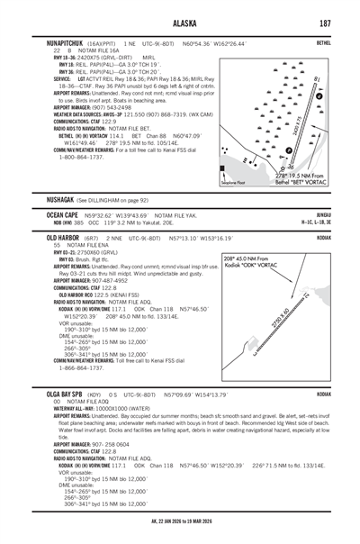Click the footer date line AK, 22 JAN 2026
(x=180, y=532)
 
